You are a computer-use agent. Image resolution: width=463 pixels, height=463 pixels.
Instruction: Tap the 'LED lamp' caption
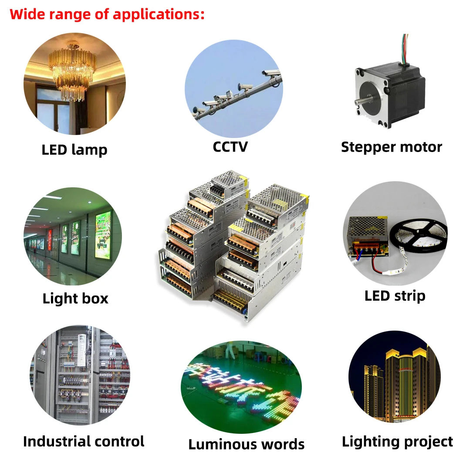(74, 150)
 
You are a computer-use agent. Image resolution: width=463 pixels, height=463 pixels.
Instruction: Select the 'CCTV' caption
(230, 146)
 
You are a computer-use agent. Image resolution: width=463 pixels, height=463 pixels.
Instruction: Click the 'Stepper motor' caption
(391, 147)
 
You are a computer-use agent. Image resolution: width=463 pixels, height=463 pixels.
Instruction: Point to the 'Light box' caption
(75, 298)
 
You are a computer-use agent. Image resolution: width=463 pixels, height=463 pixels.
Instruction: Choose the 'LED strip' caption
(395, 296)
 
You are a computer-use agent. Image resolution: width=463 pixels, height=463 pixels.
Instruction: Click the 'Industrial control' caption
(84, 441)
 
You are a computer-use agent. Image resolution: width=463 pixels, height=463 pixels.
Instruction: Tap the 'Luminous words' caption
(246, 444)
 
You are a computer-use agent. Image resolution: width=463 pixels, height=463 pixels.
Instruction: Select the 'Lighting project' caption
(397, 441)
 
